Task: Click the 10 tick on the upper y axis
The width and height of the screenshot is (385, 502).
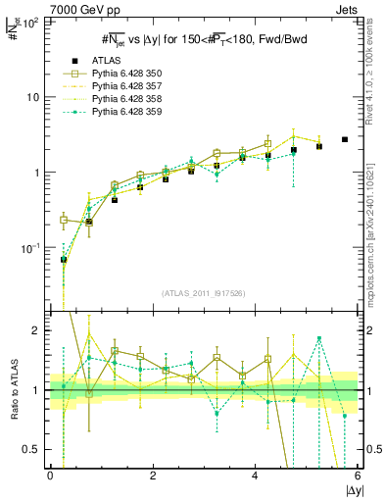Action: [30, 97]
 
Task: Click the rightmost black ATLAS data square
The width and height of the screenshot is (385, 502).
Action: [345, 139]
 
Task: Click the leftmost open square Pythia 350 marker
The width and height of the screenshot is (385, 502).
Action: [64, 220]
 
